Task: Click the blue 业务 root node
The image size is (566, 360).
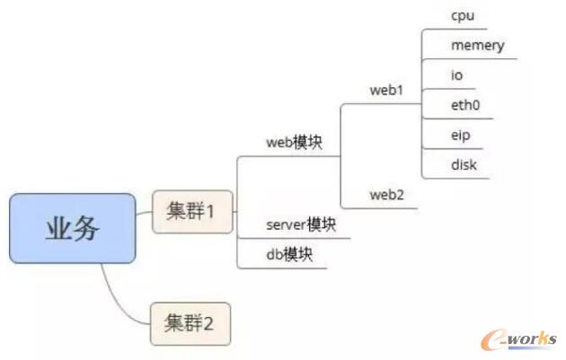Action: (73, 229)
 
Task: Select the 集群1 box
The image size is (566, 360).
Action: (190, 213)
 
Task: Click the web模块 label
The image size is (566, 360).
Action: (294, 142)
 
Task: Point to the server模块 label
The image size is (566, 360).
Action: (301, 224)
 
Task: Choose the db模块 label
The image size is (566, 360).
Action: (288, 254)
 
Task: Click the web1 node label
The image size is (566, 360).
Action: (386, 91)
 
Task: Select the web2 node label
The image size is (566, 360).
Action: (386, 195)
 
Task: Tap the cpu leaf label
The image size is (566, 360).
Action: (463, 16)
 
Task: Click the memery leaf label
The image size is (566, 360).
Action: (477, 46)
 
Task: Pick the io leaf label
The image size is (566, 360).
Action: (457, 75)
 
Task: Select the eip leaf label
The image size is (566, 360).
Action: (461, 135)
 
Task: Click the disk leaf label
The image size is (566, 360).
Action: (464, 164)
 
